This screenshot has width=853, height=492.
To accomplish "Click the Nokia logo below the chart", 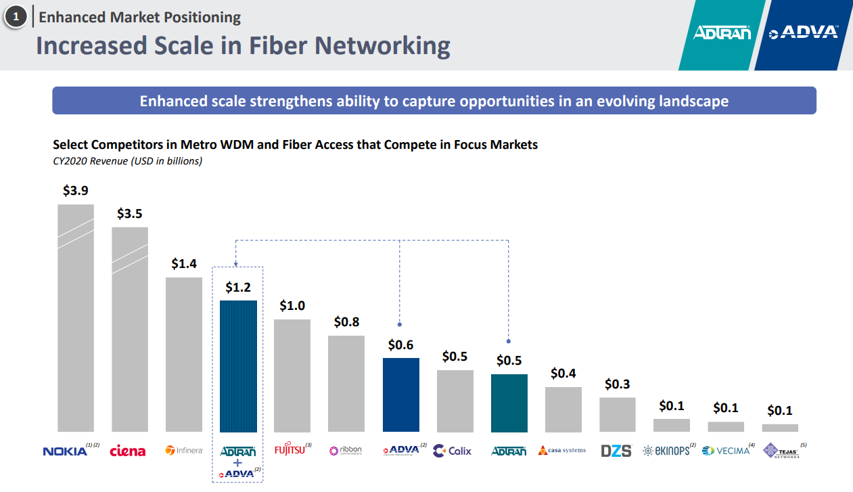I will [x=66, y=451].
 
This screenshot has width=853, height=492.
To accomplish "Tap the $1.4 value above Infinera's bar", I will [x=184, y=264].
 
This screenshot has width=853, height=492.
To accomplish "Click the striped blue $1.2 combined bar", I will [x=238, y=366].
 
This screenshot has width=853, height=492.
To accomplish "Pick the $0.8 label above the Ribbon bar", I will [x=346, y=322].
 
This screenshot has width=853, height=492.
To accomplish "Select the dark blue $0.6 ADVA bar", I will [x=401, y=395].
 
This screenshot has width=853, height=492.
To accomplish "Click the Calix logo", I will [x=453, y=451].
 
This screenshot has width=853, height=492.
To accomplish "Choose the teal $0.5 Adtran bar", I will [x=509, y=403].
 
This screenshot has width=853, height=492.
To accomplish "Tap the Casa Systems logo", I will [x=562, y=450].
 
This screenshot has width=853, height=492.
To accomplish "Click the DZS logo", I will [x=616, y=451].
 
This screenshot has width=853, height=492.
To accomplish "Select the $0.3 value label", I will [x=617, y=384].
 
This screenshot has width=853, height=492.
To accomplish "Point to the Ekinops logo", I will [x=666, y=451].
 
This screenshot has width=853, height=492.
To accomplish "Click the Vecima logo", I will [x=727, y=451].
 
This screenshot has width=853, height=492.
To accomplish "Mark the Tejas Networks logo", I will [x=781, y=451].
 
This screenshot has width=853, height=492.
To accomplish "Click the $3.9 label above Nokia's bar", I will [x=76, y=191].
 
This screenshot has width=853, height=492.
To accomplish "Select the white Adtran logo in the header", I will [x=722, y=32].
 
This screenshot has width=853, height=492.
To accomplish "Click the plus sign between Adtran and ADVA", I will [x=238, y=462].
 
